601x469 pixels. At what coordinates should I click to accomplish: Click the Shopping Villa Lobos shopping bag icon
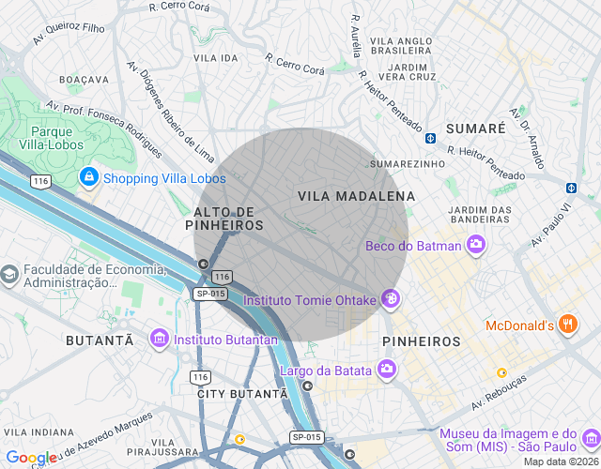[x=88, y=176]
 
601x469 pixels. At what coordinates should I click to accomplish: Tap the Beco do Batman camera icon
[x=477, y=246]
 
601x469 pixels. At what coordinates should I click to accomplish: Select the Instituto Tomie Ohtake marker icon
[x=390, y=300]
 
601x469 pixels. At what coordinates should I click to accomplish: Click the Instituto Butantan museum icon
[x=160, y=338]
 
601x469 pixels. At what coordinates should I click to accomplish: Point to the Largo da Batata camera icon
[x=386, y=370]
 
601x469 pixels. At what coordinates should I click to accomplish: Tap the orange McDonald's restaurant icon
[x=567, y=325]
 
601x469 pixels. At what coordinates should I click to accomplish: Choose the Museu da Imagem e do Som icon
[x=590, y=439]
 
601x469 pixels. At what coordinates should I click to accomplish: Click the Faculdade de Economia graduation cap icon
[x=10, y=276]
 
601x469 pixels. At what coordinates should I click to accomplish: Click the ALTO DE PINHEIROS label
[x=226, y=219]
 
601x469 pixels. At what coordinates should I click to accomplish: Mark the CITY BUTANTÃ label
[x=241, y=393]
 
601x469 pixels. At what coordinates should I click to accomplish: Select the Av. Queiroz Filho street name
[x=69, y=35]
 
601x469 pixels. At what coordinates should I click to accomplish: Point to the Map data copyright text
[x=560, y=461]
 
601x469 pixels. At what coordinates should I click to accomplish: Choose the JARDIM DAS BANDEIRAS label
[x=480, y=215]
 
